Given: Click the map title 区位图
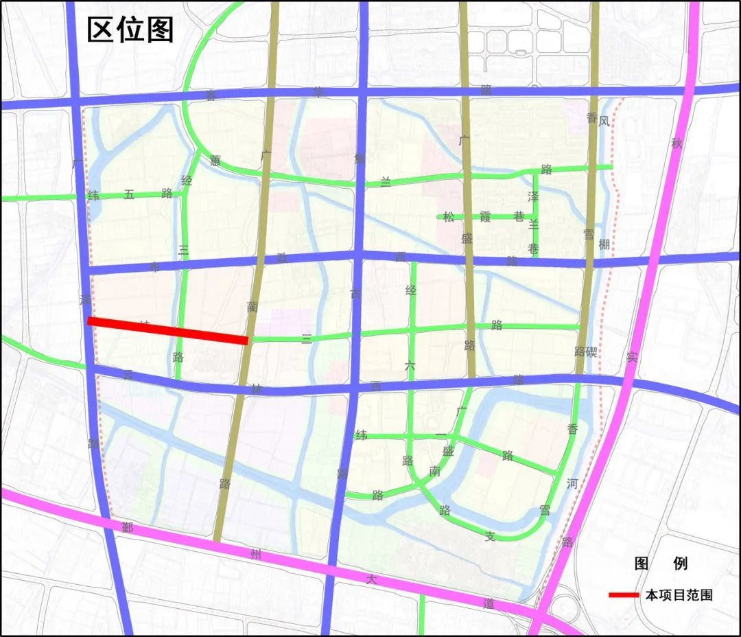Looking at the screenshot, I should coord(130,30).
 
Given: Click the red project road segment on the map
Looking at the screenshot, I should coord(168,330).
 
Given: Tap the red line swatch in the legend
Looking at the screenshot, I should coord(624,595).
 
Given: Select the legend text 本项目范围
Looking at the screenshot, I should coord(678,595).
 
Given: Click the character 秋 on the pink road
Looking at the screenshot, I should coord(677,143).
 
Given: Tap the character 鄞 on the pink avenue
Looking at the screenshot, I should coord(128,527).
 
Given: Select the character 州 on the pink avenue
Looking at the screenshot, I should coord(255,555).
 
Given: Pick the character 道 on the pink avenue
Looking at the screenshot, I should coord(489,603).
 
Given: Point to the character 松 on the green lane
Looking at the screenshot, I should coord(448,217).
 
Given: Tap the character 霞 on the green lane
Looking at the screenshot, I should coord(485,217).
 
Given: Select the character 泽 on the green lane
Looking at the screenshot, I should coord(533,196).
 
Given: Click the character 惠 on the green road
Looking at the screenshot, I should coord(215,161).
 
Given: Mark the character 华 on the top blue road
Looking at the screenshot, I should coord(318,91).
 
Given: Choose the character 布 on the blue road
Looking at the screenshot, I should coord(154,266).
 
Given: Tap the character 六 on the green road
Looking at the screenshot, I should coord(410,367).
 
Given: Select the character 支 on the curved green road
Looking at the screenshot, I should coord(490,536).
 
